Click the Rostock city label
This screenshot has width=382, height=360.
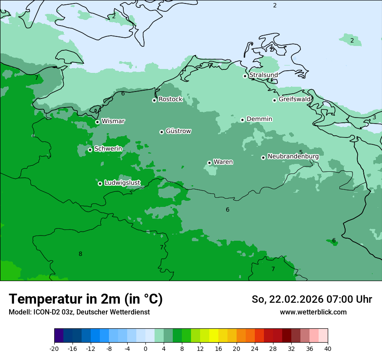tap(170, 99)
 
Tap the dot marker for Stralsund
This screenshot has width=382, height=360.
tap(245, 76)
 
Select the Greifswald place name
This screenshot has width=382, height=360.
tap(294, 99)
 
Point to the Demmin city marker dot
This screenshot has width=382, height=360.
tap(242, 120)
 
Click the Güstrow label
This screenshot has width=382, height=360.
tap(178, 131)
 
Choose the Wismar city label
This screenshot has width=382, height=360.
tap(113, 121)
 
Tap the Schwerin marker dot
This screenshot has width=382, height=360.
tap(90, 150)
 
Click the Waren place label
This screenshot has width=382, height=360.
tap(223, 162)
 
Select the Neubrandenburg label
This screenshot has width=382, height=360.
tap(293, 156)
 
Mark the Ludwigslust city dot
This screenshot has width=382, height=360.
tap(100, 183)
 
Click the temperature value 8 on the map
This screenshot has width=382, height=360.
tap(80, 254)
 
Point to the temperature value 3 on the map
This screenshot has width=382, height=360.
tap(374, 118)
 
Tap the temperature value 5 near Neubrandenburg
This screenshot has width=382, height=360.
tap(301, 152)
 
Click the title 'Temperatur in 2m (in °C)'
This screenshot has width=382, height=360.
tap(86, 299)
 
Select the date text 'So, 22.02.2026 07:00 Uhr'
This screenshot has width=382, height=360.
tap(312, 299)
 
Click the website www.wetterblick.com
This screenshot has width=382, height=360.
tap(313, 312)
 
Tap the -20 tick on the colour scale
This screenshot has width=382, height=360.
tap(54, 349)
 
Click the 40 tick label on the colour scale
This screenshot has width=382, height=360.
tap(328, 349)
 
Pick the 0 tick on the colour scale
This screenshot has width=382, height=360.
tap(145, 349)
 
